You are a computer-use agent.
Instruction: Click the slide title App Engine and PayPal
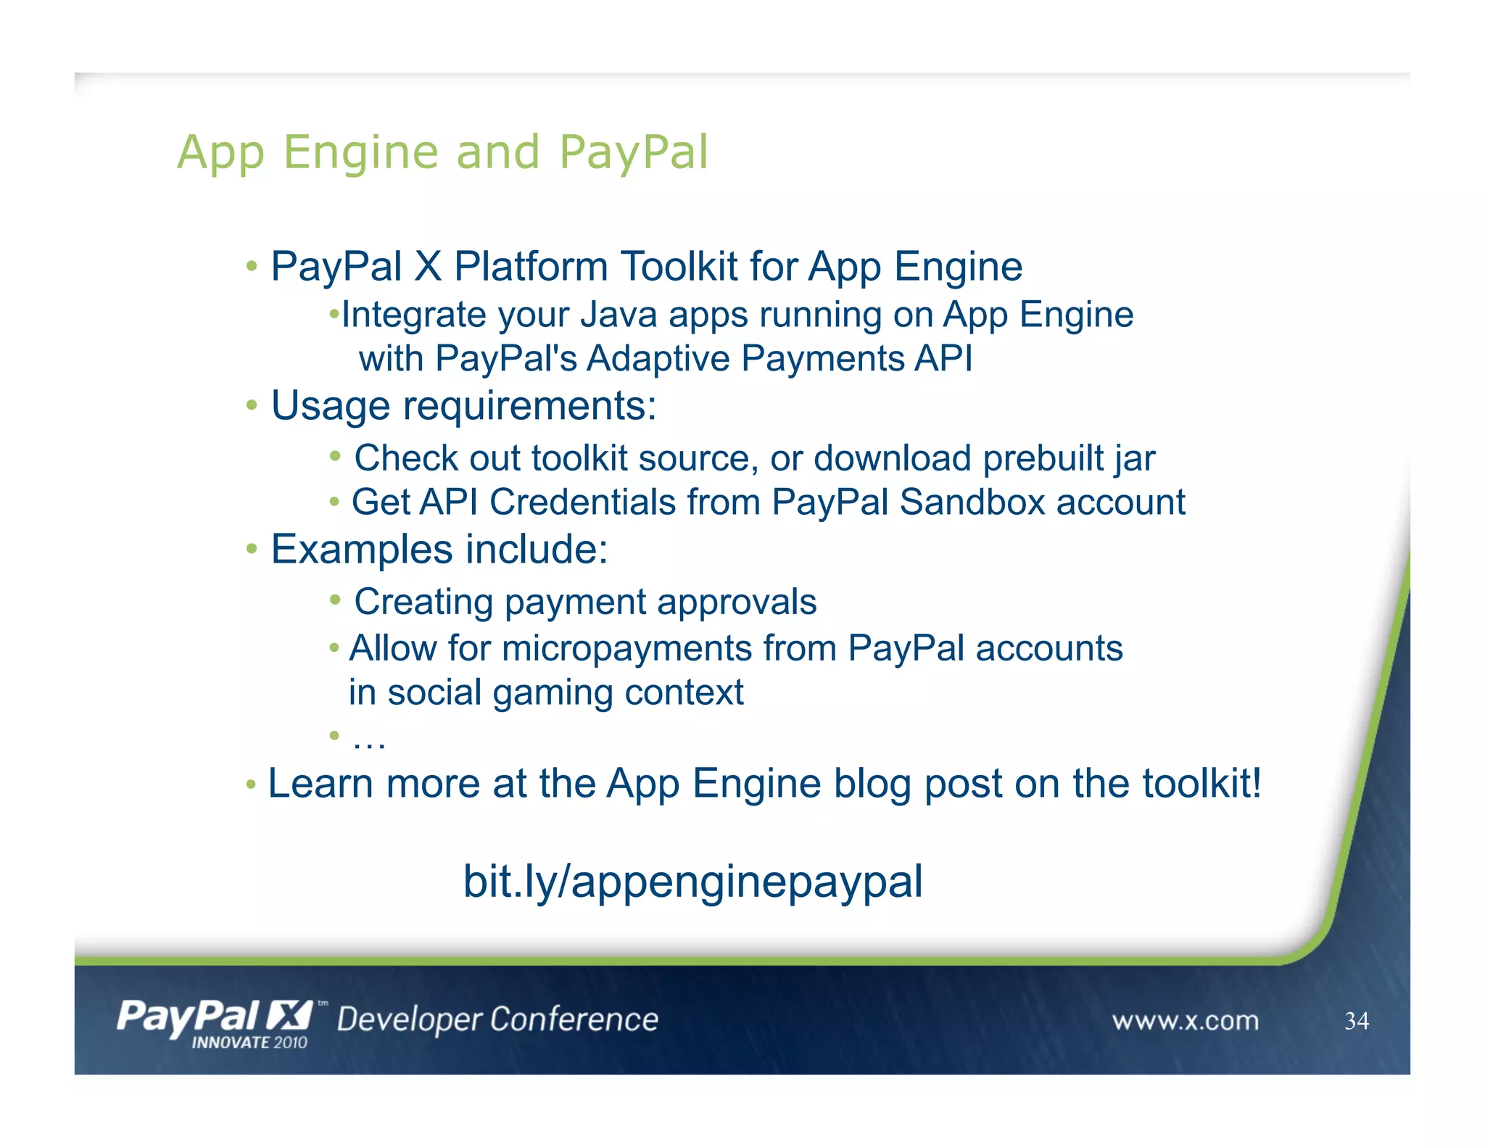(442, 152)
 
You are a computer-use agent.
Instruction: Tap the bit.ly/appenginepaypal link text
(692, 882)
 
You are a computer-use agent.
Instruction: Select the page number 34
(1356, 1021)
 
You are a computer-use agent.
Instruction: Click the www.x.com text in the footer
(1185, 1021)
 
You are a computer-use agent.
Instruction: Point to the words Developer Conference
(497, 1019)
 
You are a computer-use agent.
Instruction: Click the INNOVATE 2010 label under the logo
(249, 1043)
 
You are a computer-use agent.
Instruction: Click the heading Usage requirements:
(463, 405)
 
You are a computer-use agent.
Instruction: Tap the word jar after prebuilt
(1135, 458)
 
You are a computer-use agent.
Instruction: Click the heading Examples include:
(439, 549)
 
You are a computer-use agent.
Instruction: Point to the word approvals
(737, 602)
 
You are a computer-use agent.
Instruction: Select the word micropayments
(626, 648)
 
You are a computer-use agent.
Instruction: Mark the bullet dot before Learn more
(251, 784)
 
